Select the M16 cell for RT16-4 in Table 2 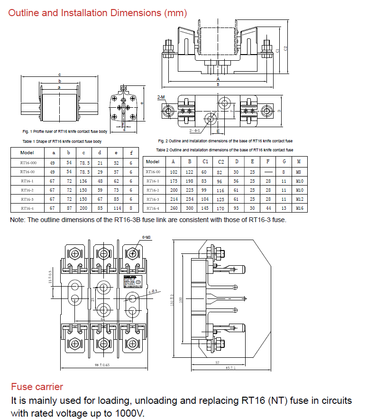[x=299, y=208]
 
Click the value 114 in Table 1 [x=116, y=208]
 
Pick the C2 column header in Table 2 [x=221, y=162]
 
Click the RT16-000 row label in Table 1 [x=27, y=163]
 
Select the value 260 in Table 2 [x=174, y=208]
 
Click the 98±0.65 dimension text [x=101, y=364]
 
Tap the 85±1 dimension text [x=231, y=367]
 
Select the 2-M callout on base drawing [x=161, y=97]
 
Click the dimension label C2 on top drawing [x=285, y=48]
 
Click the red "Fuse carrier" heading [x=37, y=387]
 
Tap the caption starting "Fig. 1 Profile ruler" [x=65, y=130]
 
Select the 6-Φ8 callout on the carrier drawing [x=153, y=291]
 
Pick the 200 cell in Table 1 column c [x=83, y=208]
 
